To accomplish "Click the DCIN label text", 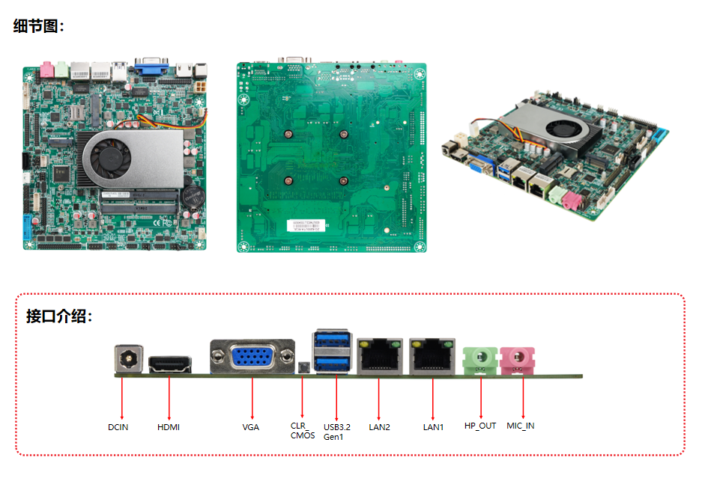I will click(118, 427).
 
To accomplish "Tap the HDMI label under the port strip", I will click(169, 427).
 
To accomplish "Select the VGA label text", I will click(250, 427).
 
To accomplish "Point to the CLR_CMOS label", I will click(302, 430).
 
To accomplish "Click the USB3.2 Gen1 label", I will click(336, 431).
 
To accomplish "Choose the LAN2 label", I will click(379, 427).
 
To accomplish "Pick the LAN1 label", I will click(433, 427).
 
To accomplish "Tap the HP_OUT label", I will click(480, 426).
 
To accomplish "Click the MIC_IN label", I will click(520, 426).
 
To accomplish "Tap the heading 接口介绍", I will click(59, 316).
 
